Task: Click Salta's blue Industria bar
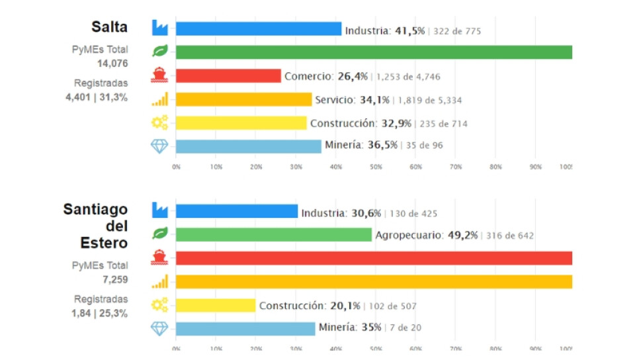[x=258, y=29]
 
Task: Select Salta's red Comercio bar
[x=228, y=76]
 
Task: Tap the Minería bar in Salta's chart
[x=248, y=146]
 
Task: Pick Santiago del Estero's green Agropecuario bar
[x=273, y=235]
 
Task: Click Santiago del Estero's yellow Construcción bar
[x=216, y=305]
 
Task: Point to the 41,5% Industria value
[x=409, y=30]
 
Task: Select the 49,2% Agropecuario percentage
[x=463, y=236]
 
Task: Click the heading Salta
[x=109, y=28]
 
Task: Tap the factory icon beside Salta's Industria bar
[x=159, y=27]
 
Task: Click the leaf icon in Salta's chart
[x=159, y=51]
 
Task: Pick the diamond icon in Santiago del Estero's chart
[x=159, y=328]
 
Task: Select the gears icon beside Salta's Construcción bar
[x=159, y=122]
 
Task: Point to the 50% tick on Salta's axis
[x=376, y=167]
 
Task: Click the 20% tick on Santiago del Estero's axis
[x=256, y=349]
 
